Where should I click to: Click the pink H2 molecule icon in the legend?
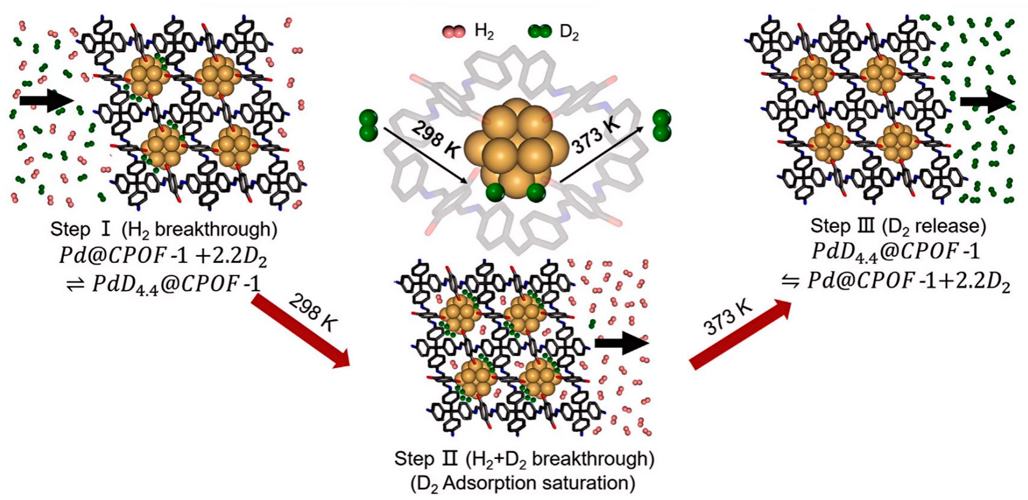click(454, 32)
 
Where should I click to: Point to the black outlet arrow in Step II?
click(622, 343)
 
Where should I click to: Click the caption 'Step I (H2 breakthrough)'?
click(164, 230)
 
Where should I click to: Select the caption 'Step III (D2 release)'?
click(898, 227)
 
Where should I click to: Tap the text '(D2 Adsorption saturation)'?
click(523, 483)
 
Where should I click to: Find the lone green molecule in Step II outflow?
click(592, 323)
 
